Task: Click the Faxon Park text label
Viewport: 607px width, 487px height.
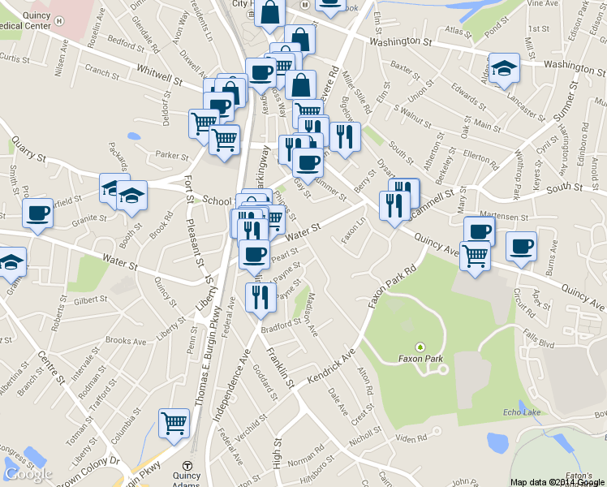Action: coord(420,358)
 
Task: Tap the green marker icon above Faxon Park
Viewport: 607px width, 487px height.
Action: coord(420,347)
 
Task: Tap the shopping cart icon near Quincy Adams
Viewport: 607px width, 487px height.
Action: coord(174,422)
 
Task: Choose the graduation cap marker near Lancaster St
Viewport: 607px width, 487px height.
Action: coord(504,67)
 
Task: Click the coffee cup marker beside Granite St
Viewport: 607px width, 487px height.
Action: coord(37,213)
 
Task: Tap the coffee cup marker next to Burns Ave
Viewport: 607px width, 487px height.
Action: coord(521,245)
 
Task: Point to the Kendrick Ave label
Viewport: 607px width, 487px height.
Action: coord(332,366)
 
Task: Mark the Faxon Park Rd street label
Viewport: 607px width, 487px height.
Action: coord(391,285)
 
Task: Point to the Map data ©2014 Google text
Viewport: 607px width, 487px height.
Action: coord(557,482)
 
